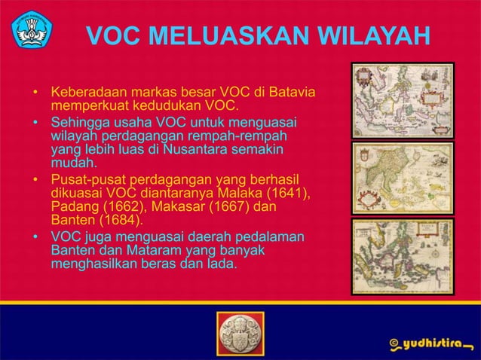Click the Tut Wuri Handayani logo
tap(31, 28)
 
